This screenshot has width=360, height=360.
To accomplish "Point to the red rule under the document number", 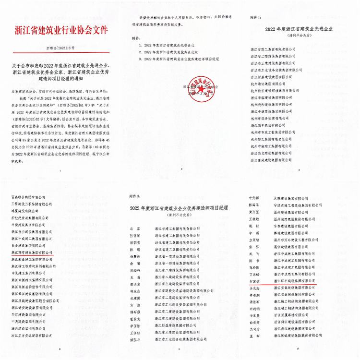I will (60, 53).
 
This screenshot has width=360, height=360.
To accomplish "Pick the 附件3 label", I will (134, 197).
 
